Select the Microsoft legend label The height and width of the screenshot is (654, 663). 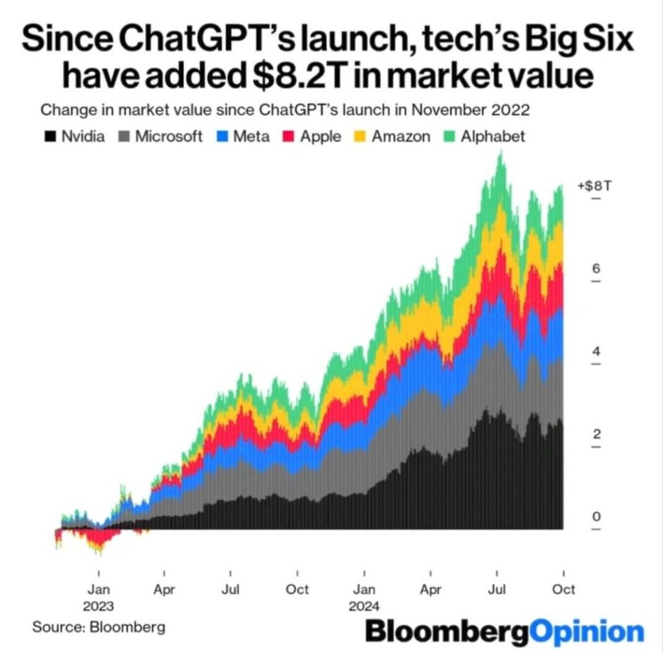click(168, 136)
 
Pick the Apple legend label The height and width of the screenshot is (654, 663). click(320, 136)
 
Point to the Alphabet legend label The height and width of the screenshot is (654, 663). click(492, 136)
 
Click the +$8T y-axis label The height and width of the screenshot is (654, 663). click(594, 186)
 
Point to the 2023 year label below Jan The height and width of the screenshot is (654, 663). click(98, 607)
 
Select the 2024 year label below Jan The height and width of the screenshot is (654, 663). click(364, 607)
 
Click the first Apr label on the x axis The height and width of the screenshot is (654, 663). click(164, 590)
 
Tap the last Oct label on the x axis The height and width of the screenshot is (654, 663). click(563, 590)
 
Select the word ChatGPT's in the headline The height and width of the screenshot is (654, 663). click(190, 40)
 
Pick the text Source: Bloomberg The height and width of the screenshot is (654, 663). click(98, 627)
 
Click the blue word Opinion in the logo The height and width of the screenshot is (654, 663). click(587, 631)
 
